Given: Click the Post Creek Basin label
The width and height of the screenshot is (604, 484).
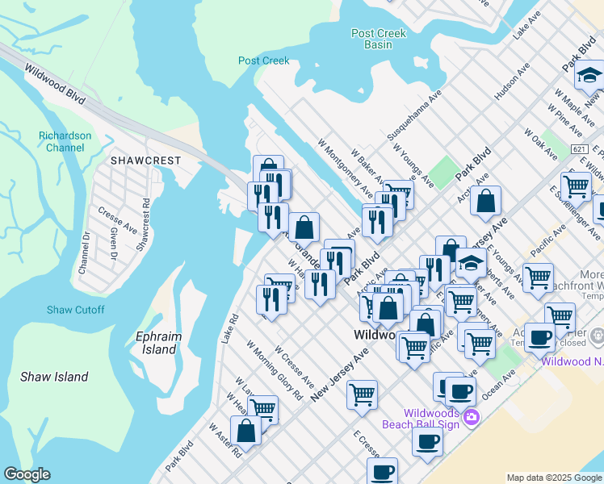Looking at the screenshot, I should coord(378,39).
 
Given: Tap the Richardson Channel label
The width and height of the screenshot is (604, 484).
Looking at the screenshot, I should coord(65,142).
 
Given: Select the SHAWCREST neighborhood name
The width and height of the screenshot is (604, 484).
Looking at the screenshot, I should coord(146,161).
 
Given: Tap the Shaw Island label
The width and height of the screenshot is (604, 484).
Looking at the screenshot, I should coord(54,377).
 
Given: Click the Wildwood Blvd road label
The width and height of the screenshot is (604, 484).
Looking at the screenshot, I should coord(55,83).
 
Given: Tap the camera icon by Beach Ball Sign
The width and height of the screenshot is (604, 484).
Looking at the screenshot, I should coord(471,417).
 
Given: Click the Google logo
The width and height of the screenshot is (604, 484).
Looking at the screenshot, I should coord(27,474).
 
